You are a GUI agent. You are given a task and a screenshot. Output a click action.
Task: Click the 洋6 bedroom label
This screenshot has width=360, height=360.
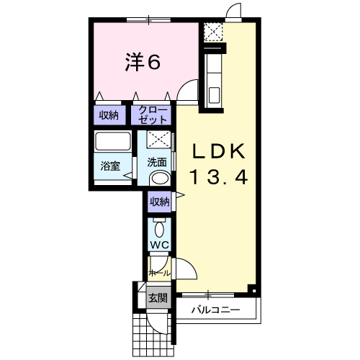pos(143,62)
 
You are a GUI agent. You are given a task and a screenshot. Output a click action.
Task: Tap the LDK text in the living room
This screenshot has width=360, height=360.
pos(219,151)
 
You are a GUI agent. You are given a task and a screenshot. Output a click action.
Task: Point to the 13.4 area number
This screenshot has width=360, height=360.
pos(219,177)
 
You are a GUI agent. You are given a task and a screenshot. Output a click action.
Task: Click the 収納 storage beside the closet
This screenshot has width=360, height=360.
pos(109,115)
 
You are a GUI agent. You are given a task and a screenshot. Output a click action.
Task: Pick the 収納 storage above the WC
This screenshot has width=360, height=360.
pos(159,202)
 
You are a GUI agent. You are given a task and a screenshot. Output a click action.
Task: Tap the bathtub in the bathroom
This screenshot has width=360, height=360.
pos(113,141)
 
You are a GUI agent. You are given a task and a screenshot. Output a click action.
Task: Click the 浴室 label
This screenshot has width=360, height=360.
pos(110,166)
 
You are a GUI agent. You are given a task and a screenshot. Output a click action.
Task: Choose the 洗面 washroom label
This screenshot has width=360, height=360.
pos(157,163)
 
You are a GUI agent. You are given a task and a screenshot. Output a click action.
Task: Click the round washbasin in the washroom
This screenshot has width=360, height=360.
pos(160,179)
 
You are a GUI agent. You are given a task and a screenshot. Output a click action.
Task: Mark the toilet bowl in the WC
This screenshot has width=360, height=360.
pos(159,230)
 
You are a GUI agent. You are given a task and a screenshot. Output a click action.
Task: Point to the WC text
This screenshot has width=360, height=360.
pos(160,245)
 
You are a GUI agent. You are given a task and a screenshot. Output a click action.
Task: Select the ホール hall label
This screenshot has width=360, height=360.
pos(160,273)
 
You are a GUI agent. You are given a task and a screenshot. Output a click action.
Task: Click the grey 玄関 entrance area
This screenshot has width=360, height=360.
pos(158,297)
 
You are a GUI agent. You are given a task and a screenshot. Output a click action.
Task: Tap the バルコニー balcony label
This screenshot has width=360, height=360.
pos(215,310)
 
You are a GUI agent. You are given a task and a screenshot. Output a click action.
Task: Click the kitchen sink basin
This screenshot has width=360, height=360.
pos(214,95)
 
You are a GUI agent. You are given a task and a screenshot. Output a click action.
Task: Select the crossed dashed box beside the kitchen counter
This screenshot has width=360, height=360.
pos(213,32)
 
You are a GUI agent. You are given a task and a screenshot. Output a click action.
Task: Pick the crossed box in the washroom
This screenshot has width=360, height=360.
pos(159,139)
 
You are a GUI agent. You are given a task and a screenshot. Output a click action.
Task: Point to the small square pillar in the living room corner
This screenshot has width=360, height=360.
pos(253,290)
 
